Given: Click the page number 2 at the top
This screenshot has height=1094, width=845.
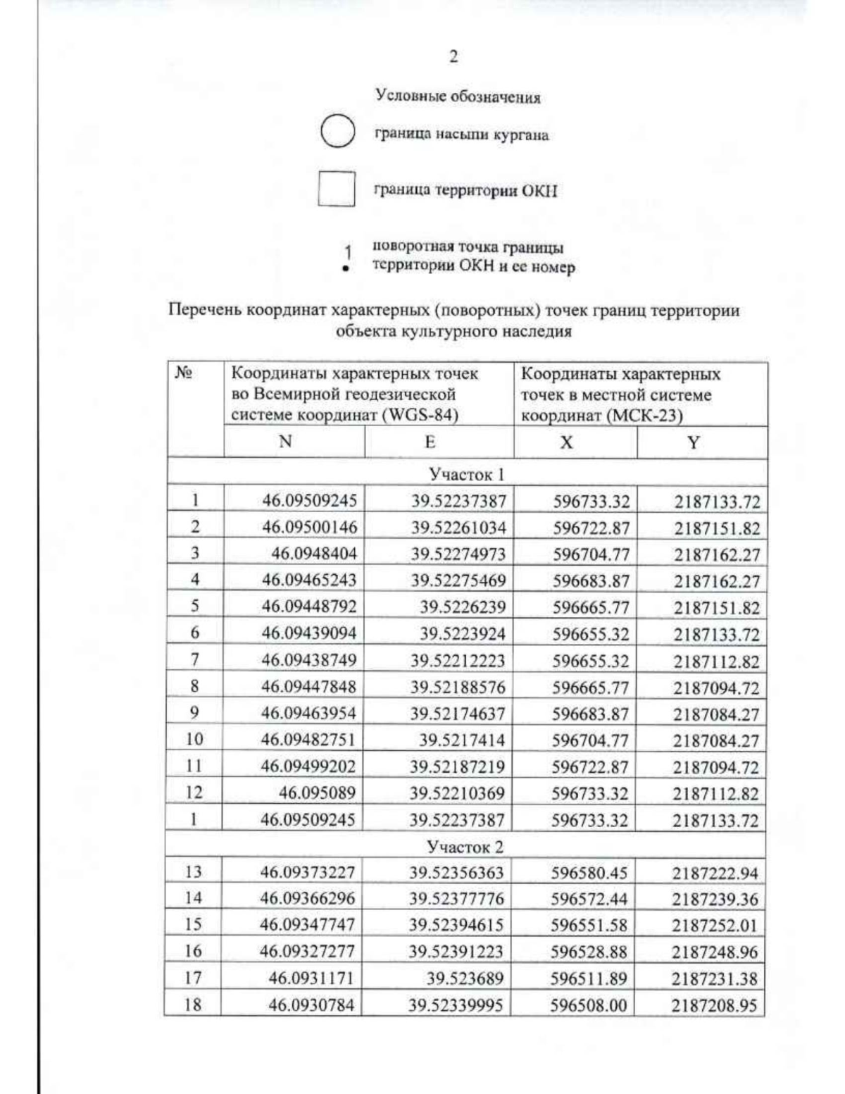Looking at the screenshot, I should coord(453,57).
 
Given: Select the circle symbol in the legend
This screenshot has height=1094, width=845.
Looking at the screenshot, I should coord(337,132).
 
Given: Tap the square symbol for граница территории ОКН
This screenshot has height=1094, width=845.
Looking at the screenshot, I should coord(336,189).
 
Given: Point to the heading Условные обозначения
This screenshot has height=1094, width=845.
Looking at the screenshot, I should coord(458,97).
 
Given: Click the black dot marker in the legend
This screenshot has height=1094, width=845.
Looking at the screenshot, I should coord(345,268).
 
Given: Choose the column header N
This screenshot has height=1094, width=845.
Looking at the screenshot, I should coord(285,442).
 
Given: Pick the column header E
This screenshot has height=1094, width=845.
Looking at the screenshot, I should coord(430,442).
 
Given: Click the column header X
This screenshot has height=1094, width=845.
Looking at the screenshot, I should coord(566,442).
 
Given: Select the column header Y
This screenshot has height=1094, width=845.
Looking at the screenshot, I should coord(694,442).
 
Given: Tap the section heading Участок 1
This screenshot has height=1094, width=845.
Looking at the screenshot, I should coord(467,474).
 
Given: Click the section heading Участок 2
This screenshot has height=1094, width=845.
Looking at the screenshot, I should coord(465,846).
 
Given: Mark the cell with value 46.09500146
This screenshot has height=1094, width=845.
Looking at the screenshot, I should coord(310,527).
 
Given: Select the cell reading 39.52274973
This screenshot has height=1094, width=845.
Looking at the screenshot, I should coord(458,554).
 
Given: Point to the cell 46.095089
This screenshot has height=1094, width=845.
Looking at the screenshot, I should coord(317,793).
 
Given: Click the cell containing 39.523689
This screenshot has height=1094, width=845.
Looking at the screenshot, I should coord(465,978).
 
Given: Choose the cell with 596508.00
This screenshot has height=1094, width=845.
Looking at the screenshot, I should coord(588,1005).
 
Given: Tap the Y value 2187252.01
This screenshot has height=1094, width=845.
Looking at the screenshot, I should coord(715,925).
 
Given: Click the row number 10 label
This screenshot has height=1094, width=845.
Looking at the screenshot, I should coord(194,739).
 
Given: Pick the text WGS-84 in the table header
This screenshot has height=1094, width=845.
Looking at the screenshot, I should coord(420,416).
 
